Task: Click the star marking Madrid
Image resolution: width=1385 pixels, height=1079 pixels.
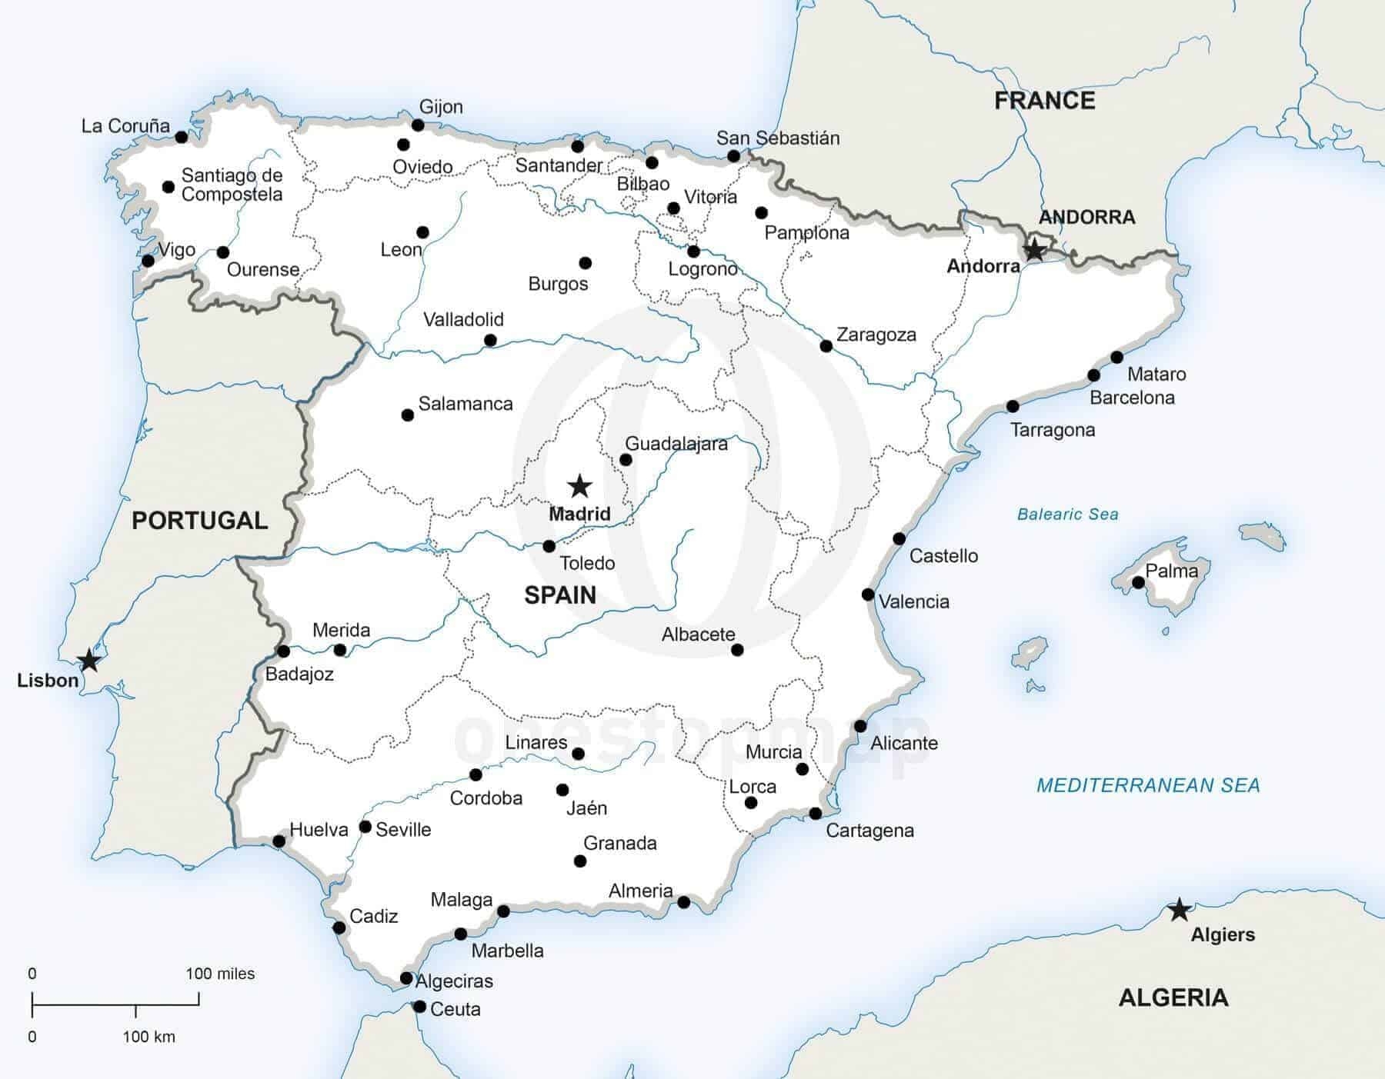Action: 579,486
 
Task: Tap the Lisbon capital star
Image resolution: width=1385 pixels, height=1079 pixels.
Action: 89,660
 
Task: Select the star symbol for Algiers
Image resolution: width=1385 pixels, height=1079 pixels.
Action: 1179,910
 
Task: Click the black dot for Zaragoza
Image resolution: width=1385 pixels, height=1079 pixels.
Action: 826,346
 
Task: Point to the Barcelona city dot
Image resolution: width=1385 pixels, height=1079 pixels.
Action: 1093,375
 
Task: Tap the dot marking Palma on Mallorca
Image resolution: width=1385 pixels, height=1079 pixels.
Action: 1138,583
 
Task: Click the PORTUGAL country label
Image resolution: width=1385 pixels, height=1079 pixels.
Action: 199,521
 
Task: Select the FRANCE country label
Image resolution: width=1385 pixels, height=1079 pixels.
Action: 1044,101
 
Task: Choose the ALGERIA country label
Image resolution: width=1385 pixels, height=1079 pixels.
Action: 1173,997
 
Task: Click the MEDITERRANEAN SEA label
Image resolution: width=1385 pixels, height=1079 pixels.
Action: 1148,785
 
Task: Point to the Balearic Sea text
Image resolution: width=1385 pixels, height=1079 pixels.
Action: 1067,515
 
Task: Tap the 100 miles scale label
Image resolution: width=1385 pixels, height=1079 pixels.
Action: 220,974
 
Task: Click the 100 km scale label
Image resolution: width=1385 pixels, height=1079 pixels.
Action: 149,1037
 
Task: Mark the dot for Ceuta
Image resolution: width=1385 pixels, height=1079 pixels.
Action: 419,1006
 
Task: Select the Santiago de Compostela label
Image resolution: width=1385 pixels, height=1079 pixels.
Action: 232,185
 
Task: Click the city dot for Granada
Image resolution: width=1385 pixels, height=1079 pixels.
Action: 580,861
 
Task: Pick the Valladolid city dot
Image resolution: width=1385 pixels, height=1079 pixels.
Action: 490,340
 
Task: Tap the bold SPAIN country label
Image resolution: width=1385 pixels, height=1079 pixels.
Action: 560,594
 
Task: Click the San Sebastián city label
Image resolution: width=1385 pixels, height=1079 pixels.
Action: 777,138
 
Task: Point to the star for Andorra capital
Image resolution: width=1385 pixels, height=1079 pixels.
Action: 1035,250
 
